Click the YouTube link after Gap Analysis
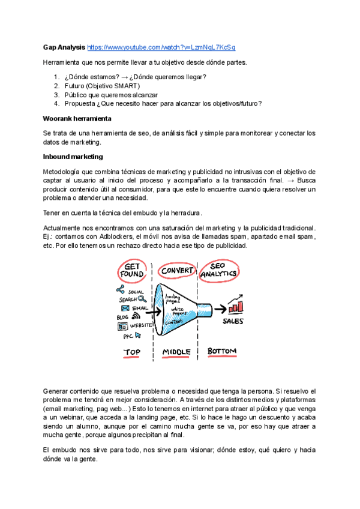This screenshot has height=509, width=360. [x=161, y=47]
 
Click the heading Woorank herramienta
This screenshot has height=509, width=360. [x=77, y=119]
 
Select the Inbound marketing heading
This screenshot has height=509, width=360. [x=73, y=157]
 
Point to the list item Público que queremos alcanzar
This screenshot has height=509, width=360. [x=111, y=95]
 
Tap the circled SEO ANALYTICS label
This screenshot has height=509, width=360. [x=219, y=270]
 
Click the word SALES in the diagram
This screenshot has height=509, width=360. [x=233, y=322]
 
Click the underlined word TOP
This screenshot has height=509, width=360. [x=132, y=352]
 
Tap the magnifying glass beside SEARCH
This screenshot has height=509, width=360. [x=142, y=299]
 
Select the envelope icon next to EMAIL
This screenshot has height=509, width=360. [x=125, y=308]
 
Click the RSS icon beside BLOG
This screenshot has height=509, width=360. [x=136, y=316]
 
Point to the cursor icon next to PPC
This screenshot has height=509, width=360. [x=137, y=336]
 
